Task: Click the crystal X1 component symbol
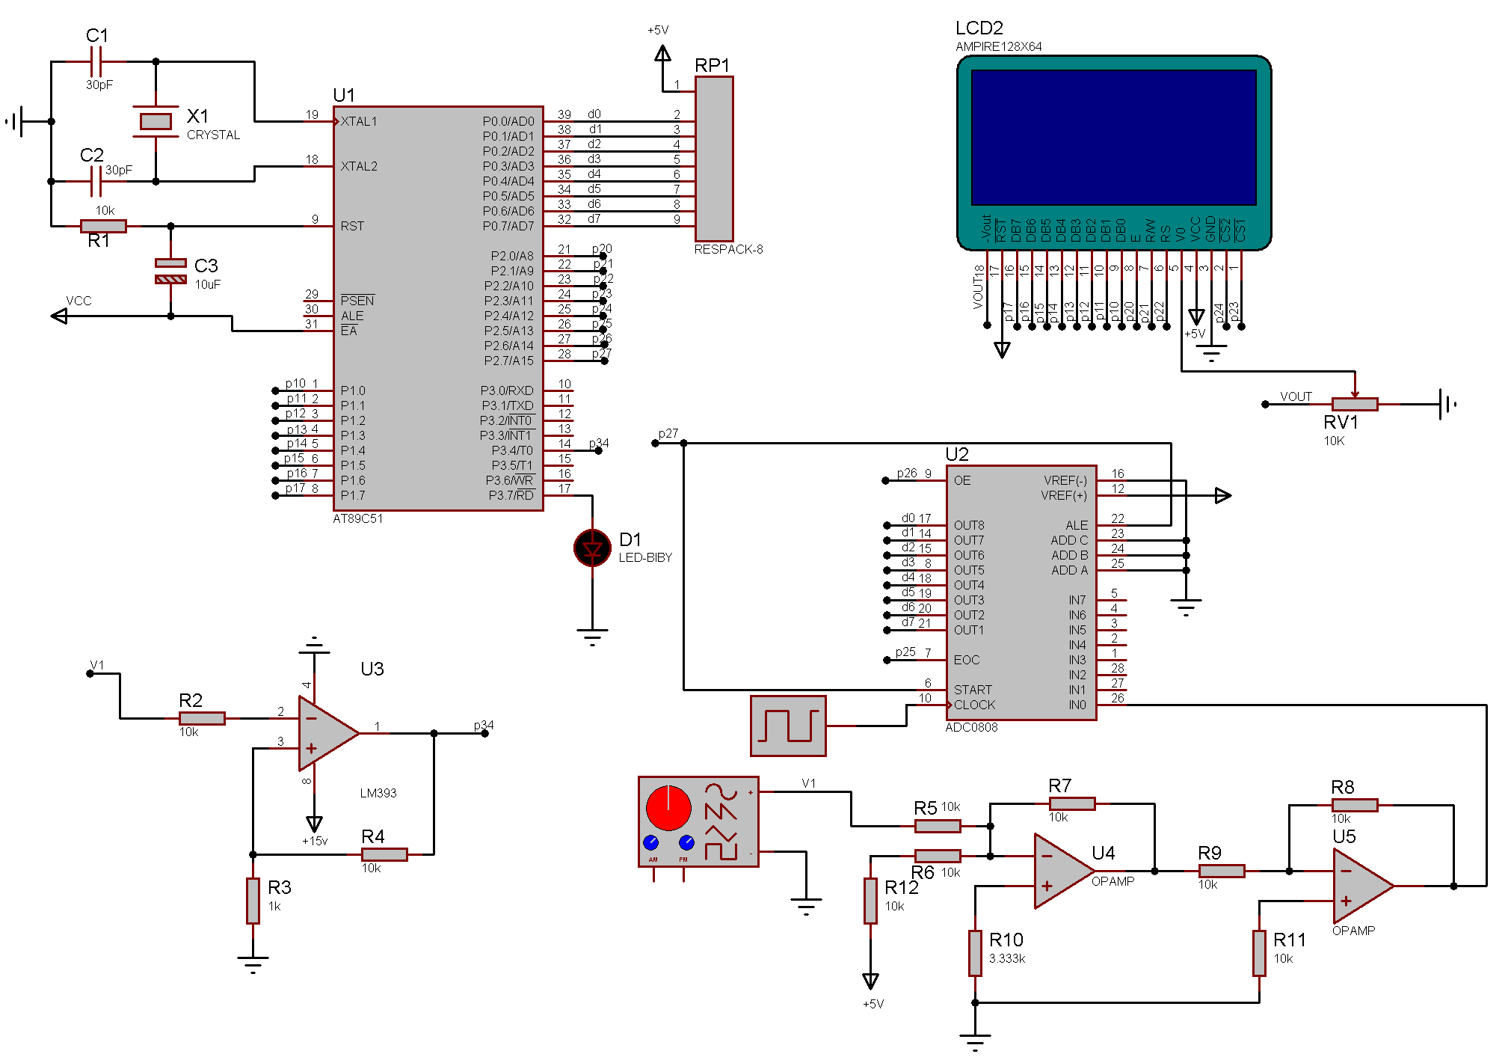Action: pyautogui.click(x=156, y=121)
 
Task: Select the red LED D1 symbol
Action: pyautogui.click(x=592, y=548)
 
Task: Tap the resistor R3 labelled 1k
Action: pyautogui.click(x=253, y=901)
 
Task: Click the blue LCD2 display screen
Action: pyautogui.click(x=1113, y=137)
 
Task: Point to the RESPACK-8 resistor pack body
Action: pyautogui.click(x=714, y=159)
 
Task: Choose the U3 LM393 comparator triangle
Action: pyautogui.click(x=326, y=734)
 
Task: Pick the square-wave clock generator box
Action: pyautogui.click(x=788, y=726)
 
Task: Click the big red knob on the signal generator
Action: pyautogui.click(x=668, y=808)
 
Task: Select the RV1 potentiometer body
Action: pyautogui.click(x=1354, y=405)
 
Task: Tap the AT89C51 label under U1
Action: pyautogui.click(x=357, y=519)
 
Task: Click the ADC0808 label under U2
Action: pyautogui.click(x=971, y=727)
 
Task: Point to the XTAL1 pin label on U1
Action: pyautogui.click(x=359, y=121)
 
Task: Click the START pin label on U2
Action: pyautogui.click(x=973, y=690)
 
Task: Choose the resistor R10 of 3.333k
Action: pyautogui.click(x=975, y=952)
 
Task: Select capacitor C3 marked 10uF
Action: pyautogui.click(x=170, y=271)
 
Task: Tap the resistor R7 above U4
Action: pyautogui.click(x=1071, y=803)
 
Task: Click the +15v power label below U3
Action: pyautogui.click(x=315, y=841)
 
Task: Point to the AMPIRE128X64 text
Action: pyautogui.click(x=998, y=46)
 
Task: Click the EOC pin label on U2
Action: pyautogui.click(x=966, y=660)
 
